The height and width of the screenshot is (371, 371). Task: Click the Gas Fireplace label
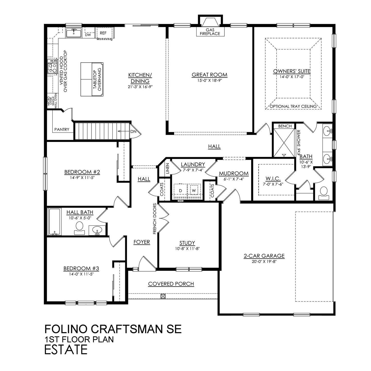coord(210,32)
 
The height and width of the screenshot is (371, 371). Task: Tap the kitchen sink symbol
coord(73,33)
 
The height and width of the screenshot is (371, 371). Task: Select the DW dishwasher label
coord(88,35)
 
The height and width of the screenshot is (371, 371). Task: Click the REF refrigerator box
coord(104,33)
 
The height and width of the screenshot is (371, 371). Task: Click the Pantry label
coord(62,129)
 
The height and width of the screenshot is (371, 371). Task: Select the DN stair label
coord(133,131)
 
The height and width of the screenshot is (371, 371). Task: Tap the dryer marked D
coord(180,190)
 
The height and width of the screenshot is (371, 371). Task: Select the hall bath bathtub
coord(54,222)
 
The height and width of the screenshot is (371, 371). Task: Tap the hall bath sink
coord(97,230)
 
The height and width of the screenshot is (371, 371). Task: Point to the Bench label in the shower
coord(285,126)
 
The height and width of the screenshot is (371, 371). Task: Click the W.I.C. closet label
coord(273,179)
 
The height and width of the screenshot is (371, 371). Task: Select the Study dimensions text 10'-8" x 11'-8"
coord(187,249)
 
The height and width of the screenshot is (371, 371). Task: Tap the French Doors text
coord(155,219)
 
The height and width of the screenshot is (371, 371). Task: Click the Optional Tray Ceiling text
coord(293,106)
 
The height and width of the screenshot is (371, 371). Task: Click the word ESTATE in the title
coord(66,350)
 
